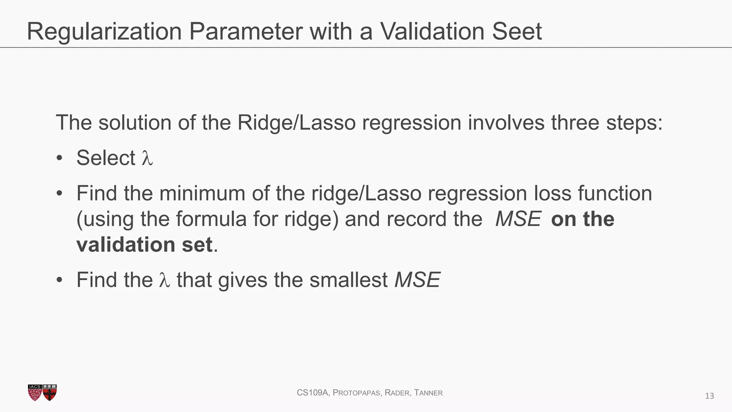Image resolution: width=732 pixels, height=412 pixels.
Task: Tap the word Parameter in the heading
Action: click(x=246, y=31)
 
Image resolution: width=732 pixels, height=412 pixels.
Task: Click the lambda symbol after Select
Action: click(x=147, y=158)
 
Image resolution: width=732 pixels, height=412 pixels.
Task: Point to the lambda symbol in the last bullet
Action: click(x=164, y=280)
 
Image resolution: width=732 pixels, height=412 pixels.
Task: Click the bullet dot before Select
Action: click(x=59, y=158)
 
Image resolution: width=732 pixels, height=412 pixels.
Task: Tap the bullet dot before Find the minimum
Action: click(x=59, y=193)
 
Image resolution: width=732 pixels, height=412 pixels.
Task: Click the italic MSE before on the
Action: click(x=518, y=219)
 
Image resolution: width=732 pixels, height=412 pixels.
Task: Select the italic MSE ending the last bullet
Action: click(x=417, y=280)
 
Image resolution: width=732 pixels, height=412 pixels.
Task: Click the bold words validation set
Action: click(x=144, y=245)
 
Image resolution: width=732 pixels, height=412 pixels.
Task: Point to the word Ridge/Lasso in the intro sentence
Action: click(x=296, y=123)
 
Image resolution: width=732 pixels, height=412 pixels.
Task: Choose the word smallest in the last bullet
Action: click(x=348, y=280)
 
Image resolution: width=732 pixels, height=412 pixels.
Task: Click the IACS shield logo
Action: click(x=35, y=393)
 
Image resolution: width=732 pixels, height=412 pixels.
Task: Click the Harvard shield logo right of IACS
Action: click(x=50, y=393)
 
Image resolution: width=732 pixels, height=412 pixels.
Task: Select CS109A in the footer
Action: click(x=312, y=393)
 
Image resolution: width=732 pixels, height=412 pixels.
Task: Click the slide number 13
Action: click(x=709, y=396)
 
